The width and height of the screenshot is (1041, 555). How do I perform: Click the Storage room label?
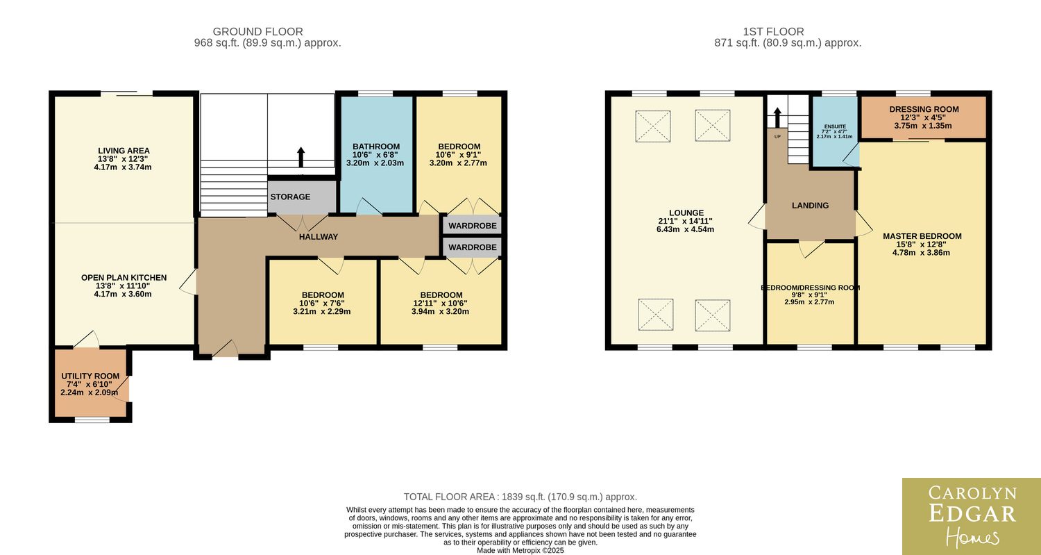pos(291,197)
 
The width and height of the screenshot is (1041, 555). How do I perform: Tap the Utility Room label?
pos(90,376)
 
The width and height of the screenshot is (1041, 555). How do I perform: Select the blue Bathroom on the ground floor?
pos(377,154)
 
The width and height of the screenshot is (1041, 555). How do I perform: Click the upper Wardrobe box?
pos(472,225)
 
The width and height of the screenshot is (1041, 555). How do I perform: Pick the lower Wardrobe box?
pos(472,247)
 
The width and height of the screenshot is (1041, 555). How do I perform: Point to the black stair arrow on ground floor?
pos(301,157)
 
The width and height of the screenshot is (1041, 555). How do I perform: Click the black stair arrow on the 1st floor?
pos(777,117)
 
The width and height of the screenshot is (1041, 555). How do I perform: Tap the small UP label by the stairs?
pos(777,137)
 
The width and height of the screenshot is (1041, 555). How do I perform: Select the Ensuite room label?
pos(835,126)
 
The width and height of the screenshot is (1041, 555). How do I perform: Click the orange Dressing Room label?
pos(924,109)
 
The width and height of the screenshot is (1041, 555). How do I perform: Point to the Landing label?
pos(810,205)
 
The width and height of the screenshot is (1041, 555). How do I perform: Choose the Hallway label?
pos(319,237)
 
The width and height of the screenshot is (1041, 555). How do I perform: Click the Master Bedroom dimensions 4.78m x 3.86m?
pos(921,253)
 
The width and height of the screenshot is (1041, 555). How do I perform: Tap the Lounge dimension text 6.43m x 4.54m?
pos(686,229)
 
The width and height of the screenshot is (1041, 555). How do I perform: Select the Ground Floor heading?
pos(258,32)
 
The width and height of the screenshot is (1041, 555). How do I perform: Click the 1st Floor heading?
pos(773,32)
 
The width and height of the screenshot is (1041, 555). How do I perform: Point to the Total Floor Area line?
pos(520,497)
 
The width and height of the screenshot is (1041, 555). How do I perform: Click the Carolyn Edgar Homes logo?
pos(972,516)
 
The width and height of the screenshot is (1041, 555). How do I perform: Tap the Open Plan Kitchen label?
pos(124,278)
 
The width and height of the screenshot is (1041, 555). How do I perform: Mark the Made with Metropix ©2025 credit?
pos(520,550)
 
